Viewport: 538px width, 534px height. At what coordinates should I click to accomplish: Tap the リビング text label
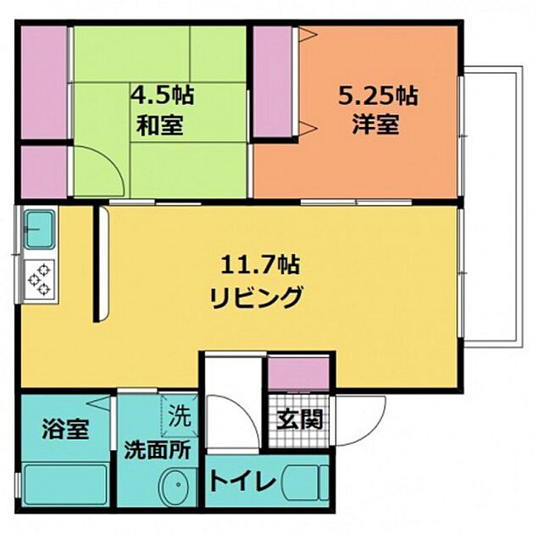point(255,298)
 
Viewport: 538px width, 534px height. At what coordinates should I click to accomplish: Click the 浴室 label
point(64,429)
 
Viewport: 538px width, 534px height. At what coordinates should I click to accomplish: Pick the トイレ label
point(243,484)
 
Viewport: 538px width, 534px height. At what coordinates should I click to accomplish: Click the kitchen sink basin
point(39,226)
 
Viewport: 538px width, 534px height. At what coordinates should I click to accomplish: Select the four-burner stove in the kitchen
point(40,279)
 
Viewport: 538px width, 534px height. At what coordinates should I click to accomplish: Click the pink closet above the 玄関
point(299,374)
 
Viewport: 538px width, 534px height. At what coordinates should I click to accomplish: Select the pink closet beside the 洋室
point(272,81)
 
